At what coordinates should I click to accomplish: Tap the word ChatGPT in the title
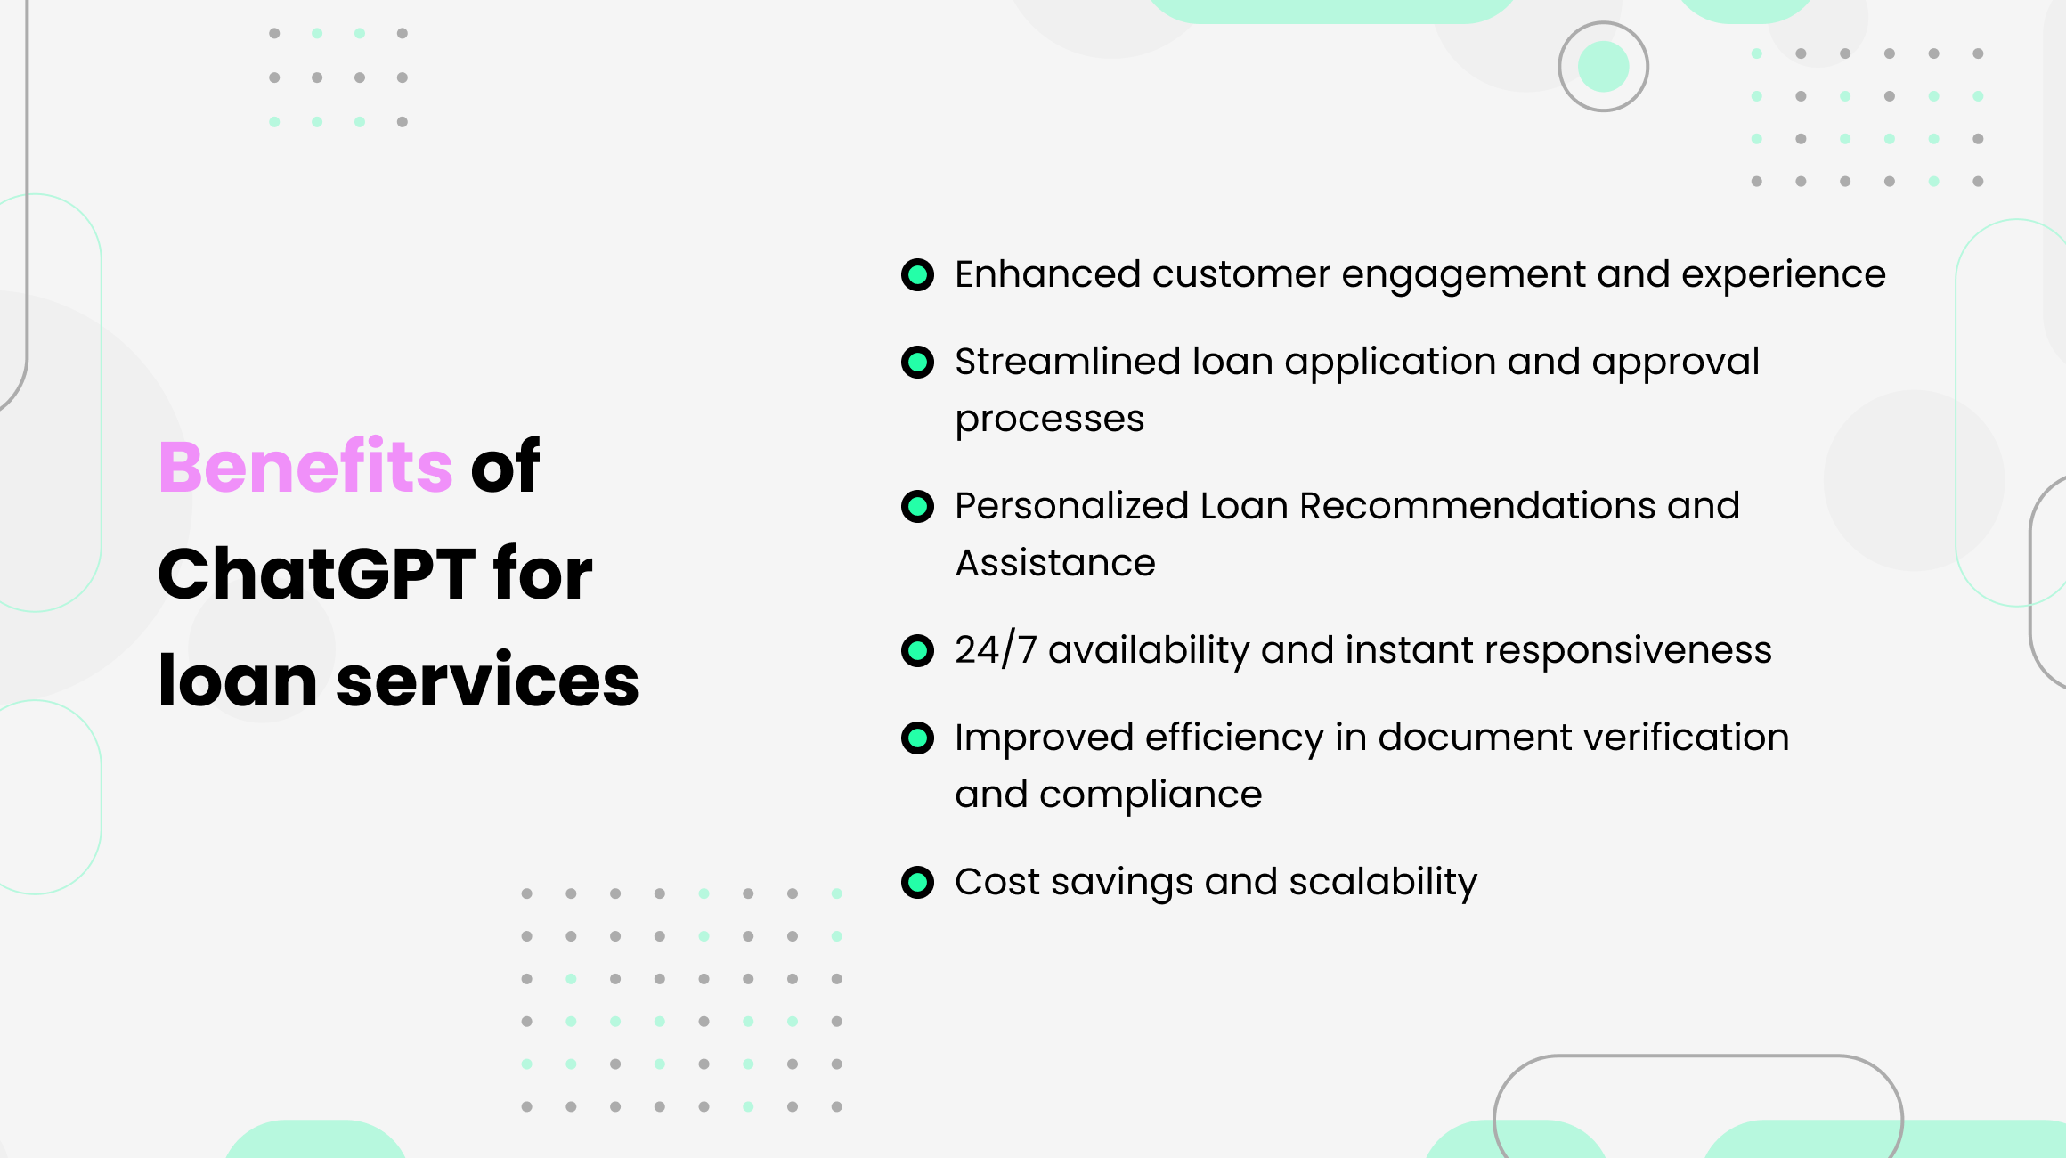click(316, 574)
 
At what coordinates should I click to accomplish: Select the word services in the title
click(487, 681)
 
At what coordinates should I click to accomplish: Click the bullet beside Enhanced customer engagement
click(917, 274)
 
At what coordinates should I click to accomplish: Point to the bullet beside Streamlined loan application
click(917, 362)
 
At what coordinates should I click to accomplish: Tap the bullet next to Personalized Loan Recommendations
click(917, 506)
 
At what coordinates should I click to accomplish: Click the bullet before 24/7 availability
click(917, 650)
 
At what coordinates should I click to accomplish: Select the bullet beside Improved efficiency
click(917, 738)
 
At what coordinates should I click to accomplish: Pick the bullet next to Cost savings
click(917, 882)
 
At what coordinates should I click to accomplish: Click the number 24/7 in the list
click(996, 649)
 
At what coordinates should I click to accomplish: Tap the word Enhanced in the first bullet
click(1047, 274)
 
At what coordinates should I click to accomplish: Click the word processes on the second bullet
click(1049, 420)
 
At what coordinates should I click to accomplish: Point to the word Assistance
click(1055, 563)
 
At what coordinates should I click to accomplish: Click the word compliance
click(1151, 795)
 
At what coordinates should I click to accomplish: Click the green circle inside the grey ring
click(1603, 67)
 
